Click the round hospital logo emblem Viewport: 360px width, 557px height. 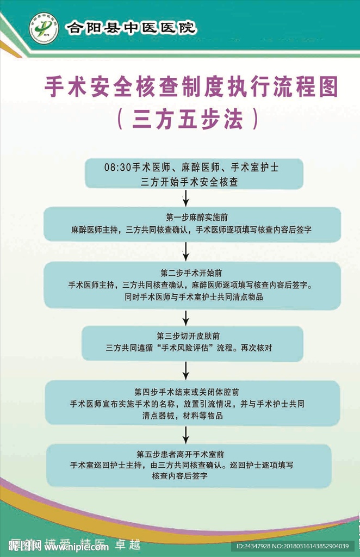(x=45, y=27)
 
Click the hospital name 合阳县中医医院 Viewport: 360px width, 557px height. (x=131, y=27)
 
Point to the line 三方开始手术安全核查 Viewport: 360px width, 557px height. (x=190, y=182)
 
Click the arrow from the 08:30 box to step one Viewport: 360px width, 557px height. (x=187, y=197)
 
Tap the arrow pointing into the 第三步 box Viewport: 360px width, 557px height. (x=187, y=318)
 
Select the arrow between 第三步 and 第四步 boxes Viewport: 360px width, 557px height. (x=187, y=370)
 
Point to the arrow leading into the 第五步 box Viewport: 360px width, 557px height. (x=187, y=434)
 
